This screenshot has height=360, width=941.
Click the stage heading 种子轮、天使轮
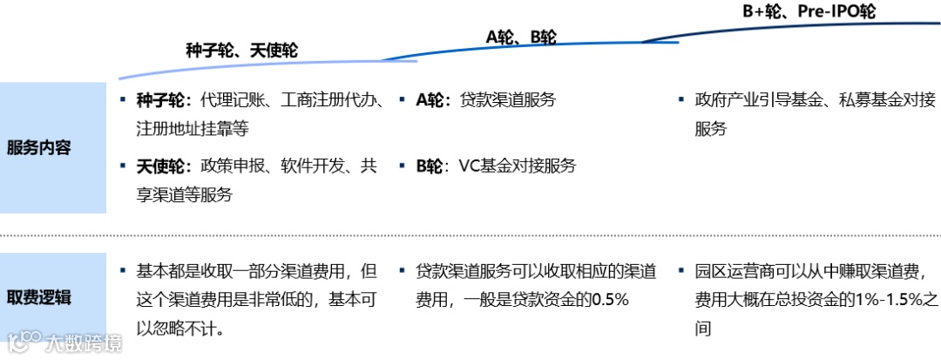(x=241, y=51)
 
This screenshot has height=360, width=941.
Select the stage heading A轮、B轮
(x=520, y=37)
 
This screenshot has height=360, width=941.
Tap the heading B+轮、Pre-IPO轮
(x=809, y=11)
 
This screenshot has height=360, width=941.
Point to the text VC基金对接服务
(x=518, y=166)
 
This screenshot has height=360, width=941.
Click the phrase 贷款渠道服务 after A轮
(x=508, y=99)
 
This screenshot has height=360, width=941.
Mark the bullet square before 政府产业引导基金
(x=681, y=98)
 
